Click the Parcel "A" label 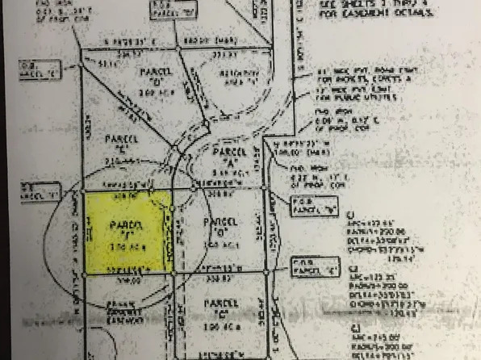pyautogui.click(x=220, y=159)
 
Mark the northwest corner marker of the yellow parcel pyautogui.click(x=86, y=191)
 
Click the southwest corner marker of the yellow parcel pyautogui.click(x=86, y=274)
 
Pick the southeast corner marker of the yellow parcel pyautogui.click(x=172, y=274)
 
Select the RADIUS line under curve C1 pyautogui.click(x=366, y=232)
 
